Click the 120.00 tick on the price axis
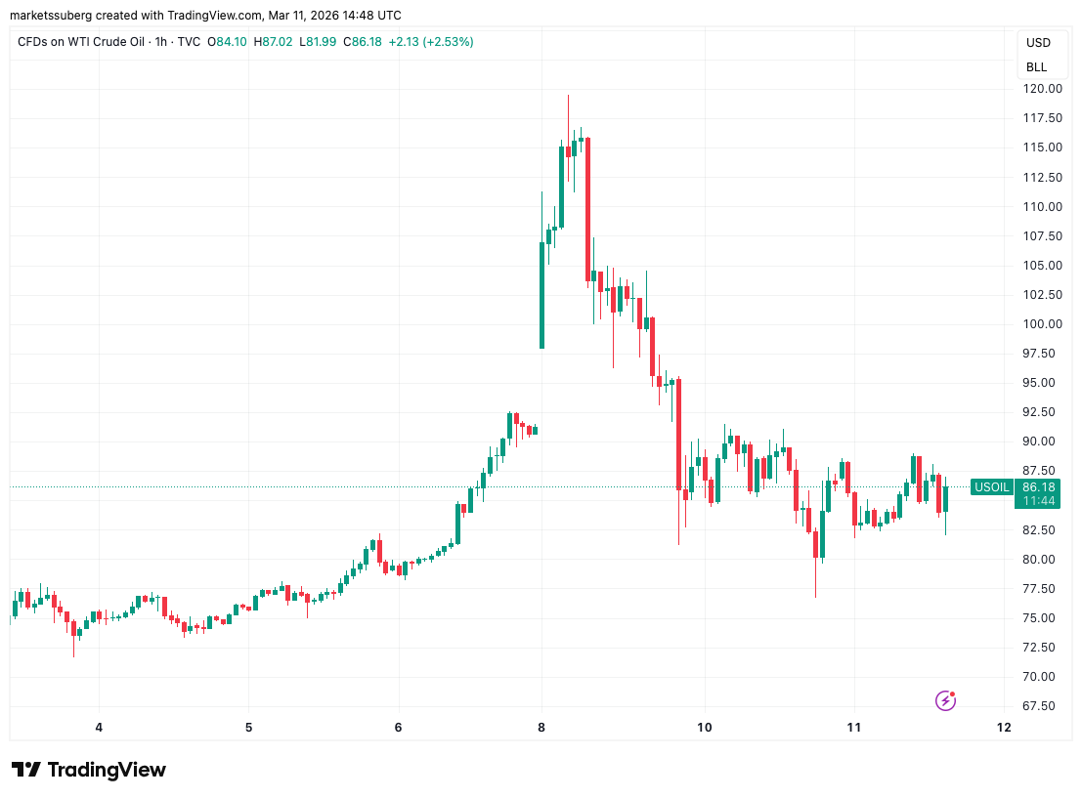click(1042, 89)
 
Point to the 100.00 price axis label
click(1042, 324)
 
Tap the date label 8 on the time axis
click(541, 727)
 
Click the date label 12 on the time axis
click(1003, 727)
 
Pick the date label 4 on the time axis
click(99, 727)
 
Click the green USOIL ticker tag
click(992, 486)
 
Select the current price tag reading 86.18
click(1038, 486)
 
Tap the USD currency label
click(1038, 43)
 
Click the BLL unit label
click(1036, 67)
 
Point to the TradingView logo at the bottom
click(89, 770)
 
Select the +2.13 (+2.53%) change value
click(430, 42)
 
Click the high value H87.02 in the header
click(274, 42)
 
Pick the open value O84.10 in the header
click(227, 42)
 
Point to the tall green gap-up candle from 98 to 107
click(541, 295)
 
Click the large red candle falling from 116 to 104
click(587, 209)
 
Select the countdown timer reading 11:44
click(1038, 500)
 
